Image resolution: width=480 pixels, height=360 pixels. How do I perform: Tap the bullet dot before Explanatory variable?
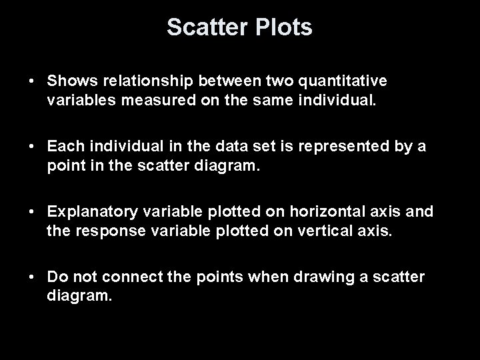click(x=33, y=211)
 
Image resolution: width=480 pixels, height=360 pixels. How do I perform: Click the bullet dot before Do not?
click(x=33, y=276)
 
